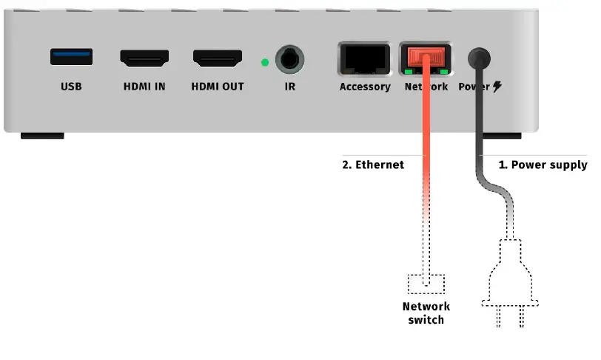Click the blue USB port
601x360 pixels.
[x=72, y=57]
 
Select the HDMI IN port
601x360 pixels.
[x=144, y=58]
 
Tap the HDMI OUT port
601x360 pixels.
[x=218, y=58]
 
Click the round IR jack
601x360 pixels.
[x=289, y=59]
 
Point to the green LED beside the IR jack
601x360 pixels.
[x=265, y=61]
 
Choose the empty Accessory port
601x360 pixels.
[x=364, y=59]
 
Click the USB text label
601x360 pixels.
[x=72, y=87]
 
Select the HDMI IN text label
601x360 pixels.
[x=144, y=87]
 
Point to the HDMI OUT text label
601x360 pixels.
[x=218, y=87]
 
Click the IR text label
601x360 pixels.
[x=289, y=87]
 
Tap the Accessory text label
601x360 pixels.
[x=365, y=87]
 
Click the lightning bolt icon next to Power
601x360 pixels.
[x=497, y=87]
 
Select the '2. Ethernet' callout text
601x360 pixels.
[x=373, y=164]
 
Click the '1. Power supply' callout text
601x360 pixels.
[x=543, y=164]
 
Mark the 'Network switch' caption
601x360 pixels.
[x=426, y=313]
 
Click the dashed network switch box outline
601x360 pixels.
[x=426, y=284]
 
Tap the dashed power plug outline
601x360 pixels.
[x=511, y=281]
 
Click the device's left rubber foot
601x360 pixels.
[x=41, y=136]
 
